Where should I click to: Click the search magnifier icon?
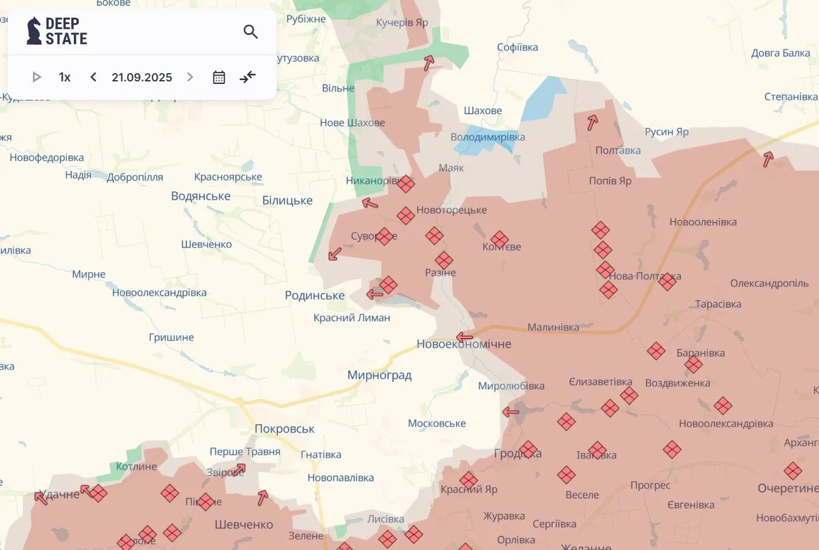point(251,32)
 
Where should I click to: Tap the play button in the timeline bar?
point(37,77)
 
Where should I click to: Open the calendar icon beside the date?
point(219,77)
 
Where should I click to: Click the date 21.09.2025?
point(142,77)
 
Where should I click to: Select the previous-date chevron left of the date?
point(93,77)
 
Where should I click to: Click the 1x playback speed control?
point(64,77)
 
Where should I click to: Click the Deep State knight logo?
point(34,31)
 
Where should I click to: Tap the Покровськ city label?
point(284,429)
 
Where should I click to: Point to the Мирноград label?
point(379,375)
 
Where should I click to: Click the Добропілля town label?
point(135,177)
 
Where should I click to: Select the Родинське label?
point(315,295)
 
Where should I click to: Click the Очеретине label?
point(787,488)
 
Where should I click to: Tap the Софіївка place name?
point(517,47)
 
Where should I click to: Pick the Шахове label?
point(483,111)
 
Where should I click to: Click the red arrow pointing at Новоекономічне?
point(465,337)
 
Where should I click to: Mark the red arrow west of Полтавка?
point(593,122)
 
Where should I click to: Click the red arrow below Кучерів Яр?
point(429,62)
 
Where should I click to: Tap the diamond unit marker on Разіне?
point(444,260)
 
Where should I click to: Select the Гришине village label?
point(171,337)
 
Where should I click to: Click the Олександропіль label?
point(769,283)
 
